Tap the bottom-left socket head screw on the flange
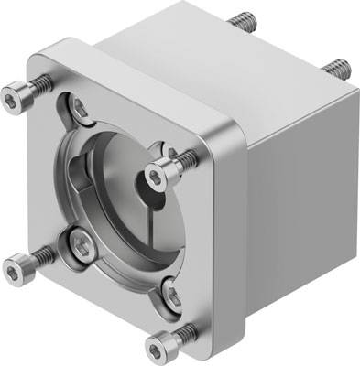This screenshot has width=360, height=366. pyautogui.click(x=17, y=265)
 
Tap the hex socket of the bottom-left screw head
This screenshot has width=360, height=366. pyautogui.click(x=13, y=266)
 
